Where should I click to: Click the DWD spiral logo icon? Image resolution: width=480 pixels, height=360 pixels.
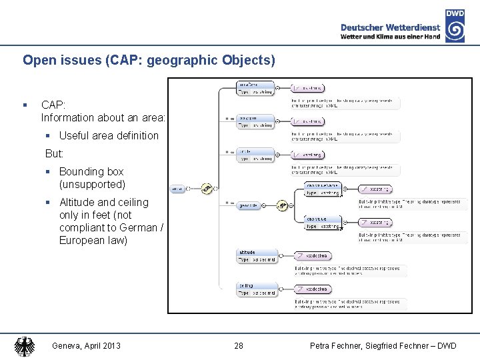[455, 30]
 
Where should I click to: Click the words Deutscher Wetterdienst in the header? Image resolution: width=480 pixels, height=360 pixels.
[390, 27]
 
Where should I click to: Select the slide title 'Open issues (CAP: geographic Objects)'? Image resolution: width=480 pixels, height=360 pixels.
[149, 60]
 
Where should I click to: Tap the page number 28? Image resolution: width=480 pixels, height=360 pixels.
[239, 345]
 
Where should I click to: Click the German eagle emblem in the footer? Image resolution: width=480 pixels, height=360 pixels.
[25, 346]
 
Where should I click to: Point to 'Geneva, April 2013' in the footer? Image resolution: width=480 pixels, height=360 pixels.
[86, 345]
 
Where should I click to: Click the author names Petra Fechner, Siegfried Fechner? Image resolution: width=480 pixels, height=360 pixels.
[383, 345]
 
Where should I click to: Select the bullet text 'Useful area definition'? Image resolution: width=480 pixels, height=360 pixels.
[109, 135]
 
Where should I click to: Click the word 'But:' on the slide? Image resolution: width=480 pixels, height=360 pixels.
[55, 153]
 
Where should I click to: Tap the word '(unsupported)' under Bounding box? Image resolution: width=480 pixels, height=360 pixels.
[92, 184]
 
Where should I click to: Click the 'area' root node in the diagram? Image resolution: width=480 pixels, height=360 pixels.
[178, 189]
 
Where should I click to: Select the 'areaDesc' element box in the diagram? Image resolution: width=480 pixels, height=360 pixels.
[255, 88]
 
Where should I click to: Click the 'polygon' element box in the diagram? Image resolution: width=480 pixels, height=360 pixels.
[255, 121]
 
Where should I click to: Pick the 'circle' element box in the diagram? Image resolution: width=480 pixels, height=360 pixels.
[255, 155]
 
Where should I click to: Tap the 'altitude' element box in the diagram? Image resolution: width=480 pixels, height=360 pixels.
[255, 256]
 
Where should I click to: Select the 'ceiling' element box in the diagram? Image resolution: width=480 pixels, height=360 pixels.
[255, 289]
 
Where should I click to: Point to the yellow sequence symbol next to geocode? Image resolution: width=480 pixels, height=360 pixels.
[282, 205]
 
